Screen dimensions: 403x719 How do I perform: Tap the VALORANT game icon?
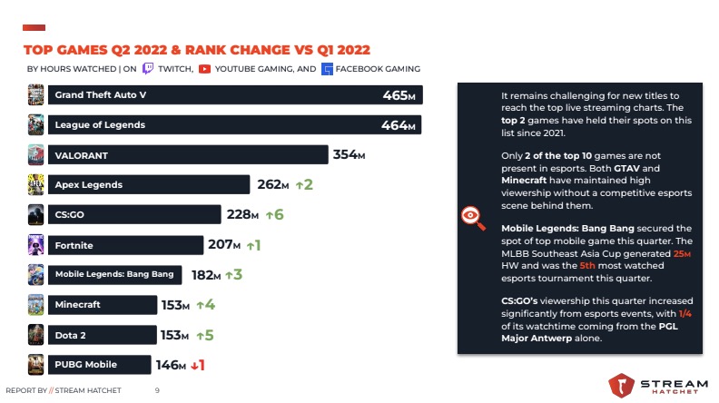36,155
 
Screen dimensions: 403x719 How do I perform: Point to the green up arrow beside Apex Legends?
297,185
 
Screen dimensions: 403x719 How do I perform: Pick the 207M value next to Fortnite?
224,245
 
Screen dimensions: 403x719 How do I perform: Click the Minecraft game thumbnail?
36,305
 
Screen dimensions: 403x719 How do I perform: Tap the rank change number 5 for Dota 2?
210,335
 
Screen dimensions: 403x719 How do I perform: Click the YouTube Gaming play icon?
205,68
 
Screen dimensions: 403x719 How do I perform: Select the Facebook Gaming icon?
327,68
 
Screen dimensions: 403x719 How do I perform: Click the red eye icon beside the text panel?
471,215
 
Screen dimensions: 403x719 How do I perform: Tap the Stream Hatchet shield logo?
622,385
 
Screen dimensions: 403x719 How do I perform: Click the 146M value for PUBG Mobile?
171,365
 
